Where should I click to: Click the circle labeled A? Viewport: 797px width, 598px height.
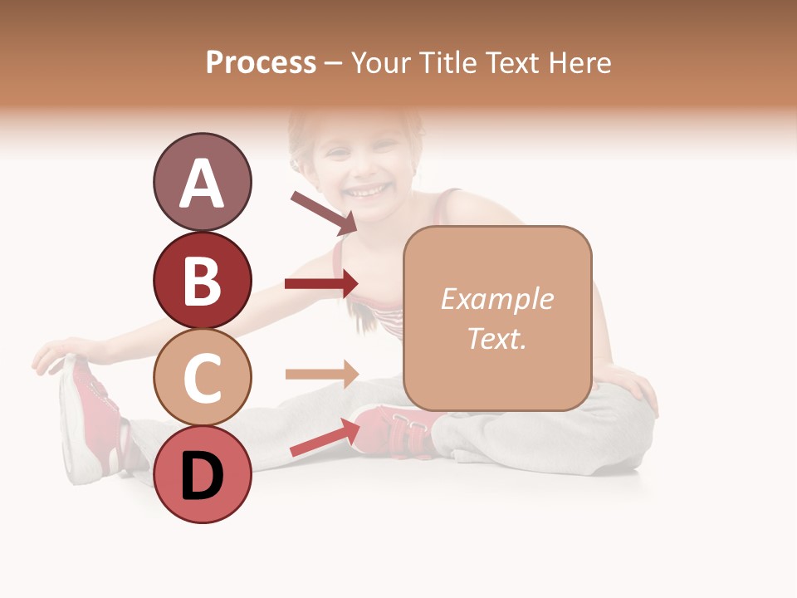(202, 183)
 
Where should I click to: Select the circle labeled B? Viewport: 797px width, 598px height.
(202, 280)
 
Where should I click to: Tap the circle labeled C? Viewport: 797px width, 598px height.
(202, 377)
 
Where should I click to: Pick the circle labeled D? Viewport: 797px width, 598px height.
(202, 474)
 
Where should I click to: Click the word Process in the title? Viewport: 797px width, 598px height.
(261, 62)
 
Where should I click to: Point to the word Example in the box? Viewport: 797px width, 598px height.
(496, 299)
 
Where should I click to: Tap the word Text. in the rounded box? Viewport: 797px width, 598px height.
(496, 338)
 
